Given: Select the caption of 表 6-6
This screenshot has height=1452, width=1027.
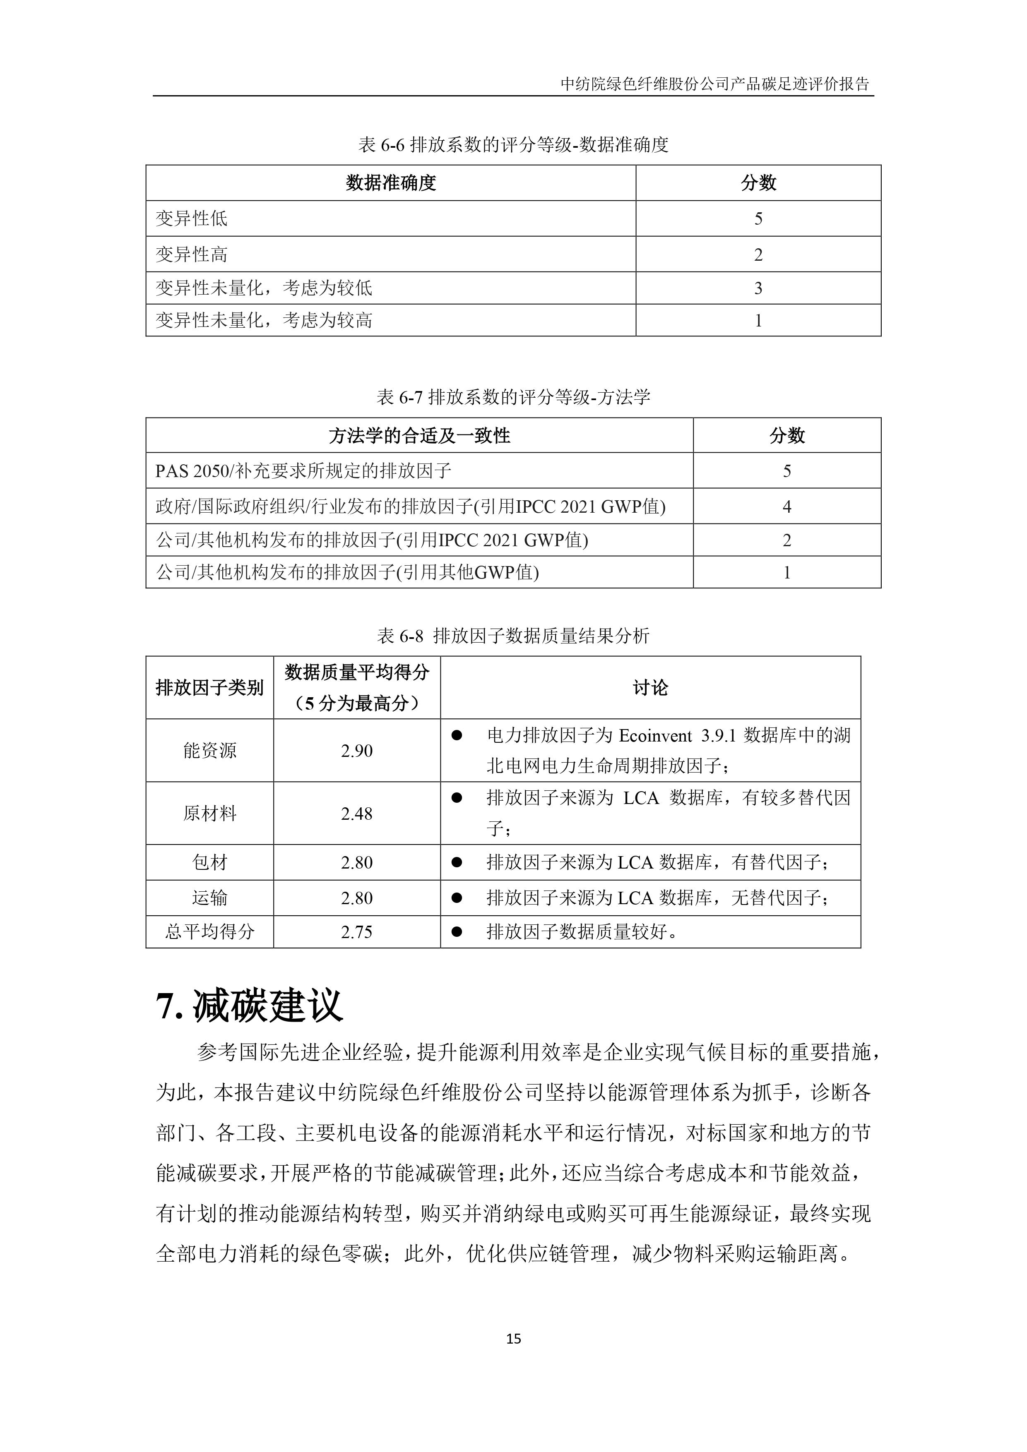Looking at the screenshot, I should tap(513, 145).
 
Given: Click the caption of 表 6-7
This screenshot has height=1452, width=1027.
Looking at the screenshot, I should tap(513, 397).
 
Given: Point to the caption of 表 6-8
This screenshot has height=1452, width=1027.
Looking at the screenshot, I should tap(513, 636).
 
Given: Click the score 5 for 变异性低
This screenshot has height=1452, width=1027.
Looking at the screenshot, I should tap(758, 219).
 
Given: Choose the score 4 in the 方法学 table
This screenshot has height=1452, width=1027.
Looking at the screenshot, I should tap(786, 506).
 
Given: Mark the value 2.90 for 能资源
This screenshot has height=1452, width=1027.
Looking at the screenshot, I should tap(356, 751).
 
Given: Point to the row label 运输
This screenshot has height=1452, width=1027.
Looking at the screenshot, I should tap(209, 898).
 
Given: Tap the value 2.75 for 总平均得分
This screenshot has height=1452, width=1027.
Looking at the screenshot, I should tap(356, 932).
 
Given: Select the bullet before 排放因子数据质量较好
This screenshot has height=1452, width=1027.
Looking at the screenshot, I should tap(456, 931).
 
